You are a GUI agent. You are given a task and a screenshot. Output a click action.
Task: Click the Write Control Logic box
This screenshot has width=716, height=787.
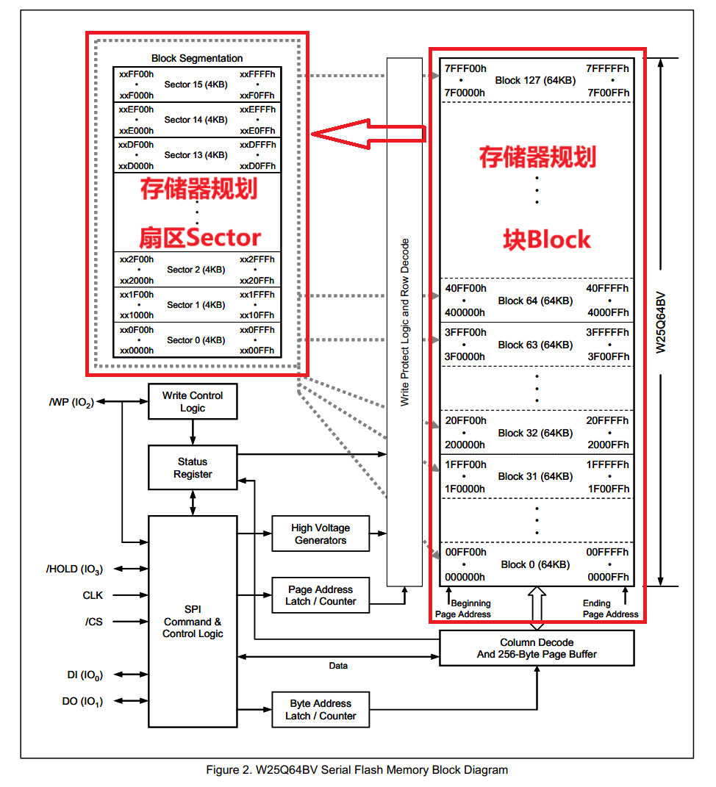pyautogui.click(x=193, y=401)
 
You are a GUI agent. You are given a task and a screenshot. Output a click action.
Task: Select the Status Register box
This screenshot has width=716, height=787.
pyautogui.click(x=193, y=468)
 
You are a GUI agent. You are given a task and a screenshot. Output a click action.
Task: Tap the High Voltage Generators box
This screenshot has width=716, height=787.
pyautogui.click(x=321, y=534)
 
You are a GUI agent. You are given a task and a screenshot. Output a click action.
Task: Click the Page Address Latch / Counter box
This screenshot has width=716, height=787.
pyautogui.click(x=321, y=595)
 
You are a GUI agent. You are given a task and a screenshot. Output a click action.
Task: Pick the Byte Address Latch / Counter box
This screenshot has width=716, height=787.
pyautogui.click(x=321, y=710)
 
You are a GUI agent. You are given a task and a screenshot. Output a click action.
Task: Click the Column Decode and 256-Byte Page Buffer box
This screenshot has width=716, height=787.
pyautogui.click(x=537, y=648)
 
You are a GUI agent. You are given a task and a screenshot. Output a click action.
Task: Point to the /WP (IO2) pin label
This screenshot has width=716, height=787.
pyautogui.click(x=71, y=403)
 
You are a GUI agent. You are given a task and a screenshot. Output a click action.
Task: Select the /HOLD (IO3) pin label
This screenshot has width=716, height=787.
pyautogui.click(x=74, y=569)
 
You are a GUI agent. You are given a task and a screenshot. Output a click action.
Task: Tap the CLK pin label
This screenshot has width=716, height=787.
pyautogui.click(x=93, y=595)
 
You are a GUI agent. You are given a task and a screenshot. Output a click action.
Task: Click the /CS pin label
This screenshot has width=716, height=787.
pyautogui.click(x=94, y=622)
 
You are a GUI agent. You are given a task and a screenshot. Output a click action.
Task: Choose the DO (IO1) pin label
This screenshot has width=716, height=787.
pyautogui.click(x=82, y=701)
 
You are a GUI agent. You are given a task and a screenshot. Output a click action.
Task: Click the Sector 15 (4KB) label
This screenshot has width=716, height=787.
pyautogui.click(x=196, y=85)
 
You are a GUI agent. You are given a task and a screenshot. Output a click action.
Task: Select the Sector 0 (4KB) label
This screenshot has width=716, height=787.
pyautogui.click(x=196, y=340)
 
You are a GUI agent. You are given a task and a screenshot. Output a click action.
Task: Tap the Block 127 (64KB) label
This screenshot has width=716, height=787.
pyautogui.click(x=535, y=80)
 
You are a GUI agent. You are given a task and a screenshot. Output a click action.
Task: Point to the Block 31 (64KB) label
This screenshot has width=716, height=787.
pyautogui.click(x=535, y=476)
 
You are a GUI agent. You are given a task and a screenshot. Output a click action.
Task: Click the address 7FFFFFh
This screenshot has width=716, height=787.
pyautogui.click(x=607, y=68)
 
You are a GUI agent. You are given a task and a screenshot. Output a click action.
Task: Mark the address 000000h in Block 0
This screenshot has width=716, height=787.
pyautogui.click(x=465, y=577)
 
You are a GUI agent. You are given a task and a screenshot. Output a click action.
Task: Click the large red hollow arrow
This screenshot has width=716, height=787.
pyautogui.click(x=368, y=133)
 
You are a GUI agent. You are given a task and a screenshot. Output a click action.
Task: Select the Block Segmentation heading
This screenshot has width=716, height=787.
pyautogui.click(x=197, y=58)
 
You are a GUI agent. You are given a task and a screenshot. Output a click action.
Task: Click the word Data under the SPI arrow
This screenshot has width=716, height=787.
pyautogui.click(x=338, y=666)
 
